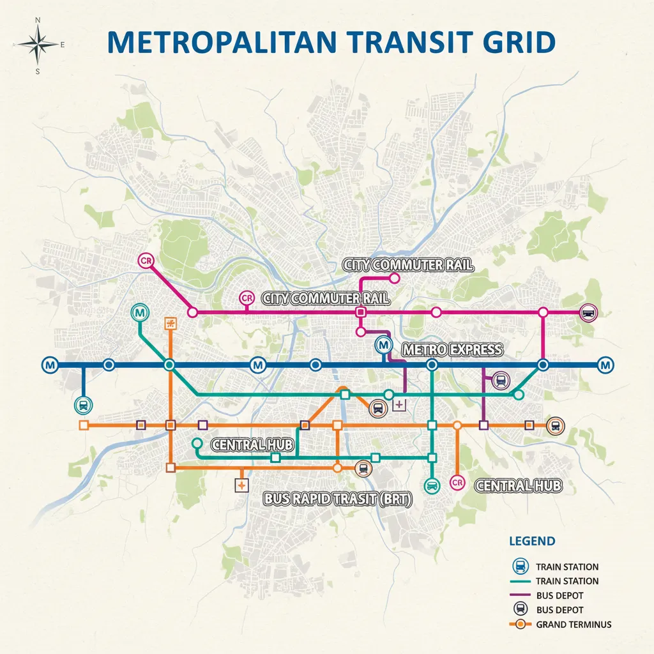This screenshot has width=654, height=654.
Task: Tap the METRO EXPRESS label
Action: tap(452, 350)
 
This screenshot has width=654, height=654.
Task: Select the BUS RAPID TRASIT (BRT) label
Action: tap(338, 499)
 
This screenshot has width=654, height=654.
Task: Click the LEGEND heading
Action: tap(531, 541)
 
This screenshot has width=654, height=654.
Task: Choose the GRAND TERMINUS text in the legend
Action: tap(574, 624)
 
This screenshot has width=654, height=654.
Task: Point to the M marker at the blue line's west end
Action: tap(49, 365)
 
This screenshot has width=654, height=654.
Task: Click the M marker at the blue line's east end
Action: tap(604, 365)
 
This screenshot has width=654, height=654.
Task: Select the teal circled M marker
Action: tap(139, 312)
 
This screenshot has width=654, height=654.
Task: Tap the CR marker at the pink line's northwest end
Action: tap(146, 261)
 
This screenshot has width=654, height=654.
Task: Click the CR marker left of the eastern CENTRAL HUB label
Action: tap(457, 483)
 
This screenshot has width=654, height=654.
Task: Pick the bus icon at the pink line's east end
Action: tap(588, 312)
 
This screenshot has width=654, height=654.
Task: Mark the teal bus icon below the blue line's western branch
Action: tap(82, 404)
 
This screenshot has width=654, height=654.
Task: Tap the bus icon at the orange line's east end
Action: tap(556, 425)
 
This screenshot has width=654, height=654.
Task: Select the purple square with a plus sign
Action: tap(400, 404)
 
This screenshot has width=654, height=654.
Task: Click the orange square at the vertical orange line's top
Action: tap(170, 323)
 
